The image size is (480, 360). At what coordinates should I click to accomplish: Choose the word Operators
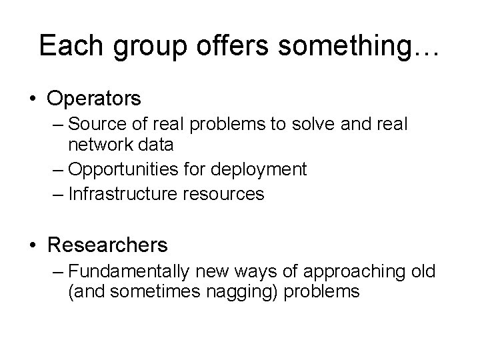[x=94, y=99]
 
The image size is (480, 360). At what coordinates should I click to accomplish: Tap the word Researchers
[x=107, y=245]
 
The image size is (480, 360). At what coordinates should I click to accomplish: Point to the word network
[x=103, y=145]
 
